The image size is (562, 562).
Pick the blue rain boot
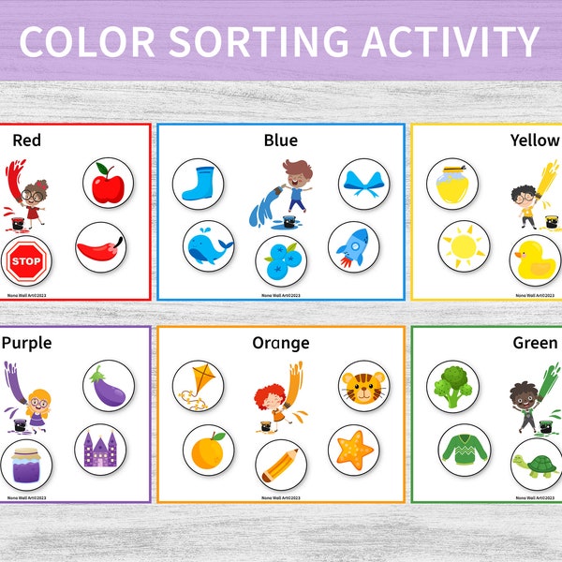(198, 183)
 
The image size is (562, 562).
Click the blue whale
(208, 247)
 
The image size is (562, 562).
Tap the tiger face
(362, 384)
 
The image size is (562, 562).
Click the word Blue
(280, 140)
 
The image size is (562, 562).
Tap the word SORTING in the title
(280, 41)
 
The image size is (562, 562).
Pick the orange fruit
(208, 450)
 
